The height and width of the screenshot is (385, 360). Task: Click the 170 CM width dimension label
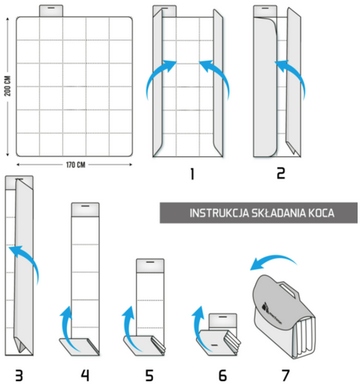(x=75, y=166)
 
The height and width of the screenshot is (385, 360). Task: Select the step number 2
(x=282, y=174)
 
